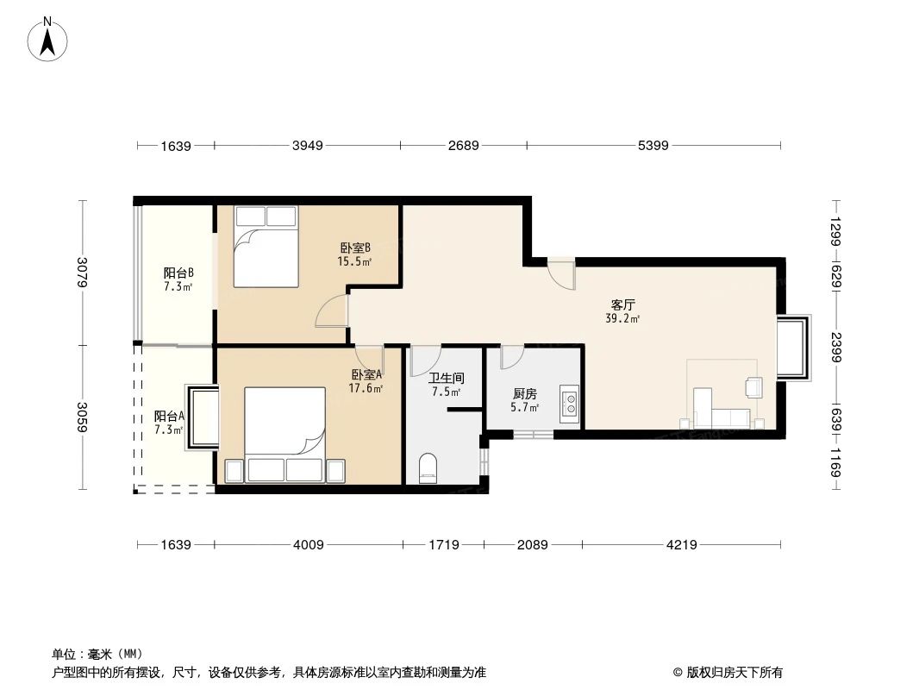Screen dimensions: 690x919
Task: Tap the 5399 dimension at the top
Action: click(653, 146)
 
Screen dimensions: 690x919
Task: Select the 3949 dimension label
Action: click(307, 146)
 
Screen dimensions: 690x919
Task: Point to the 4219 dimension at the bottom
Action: click(681, 544)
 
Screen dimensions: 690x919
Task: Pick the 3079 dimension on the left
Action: click(83, 273)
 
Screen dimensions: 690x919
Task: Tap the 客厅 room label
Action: click(622, 305)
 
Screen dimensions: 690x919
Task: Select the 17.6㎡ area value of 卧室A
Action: click(366, 388)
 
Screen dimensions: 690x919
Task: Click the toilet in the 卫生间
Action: click(428, 469)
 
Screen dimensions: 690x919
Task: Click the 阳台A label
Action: click(169, 416)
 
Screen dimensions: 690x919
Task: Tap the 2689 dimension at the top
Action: click(463, 146)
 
